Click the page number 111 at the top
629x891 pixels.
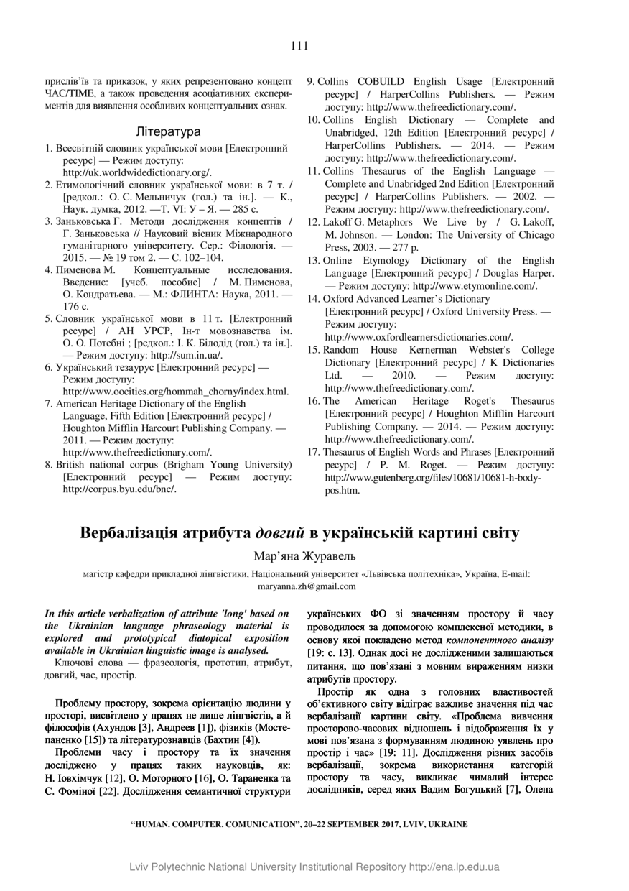(299, 46)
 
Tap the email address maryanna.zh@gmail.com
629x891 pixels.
(306, 586)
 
